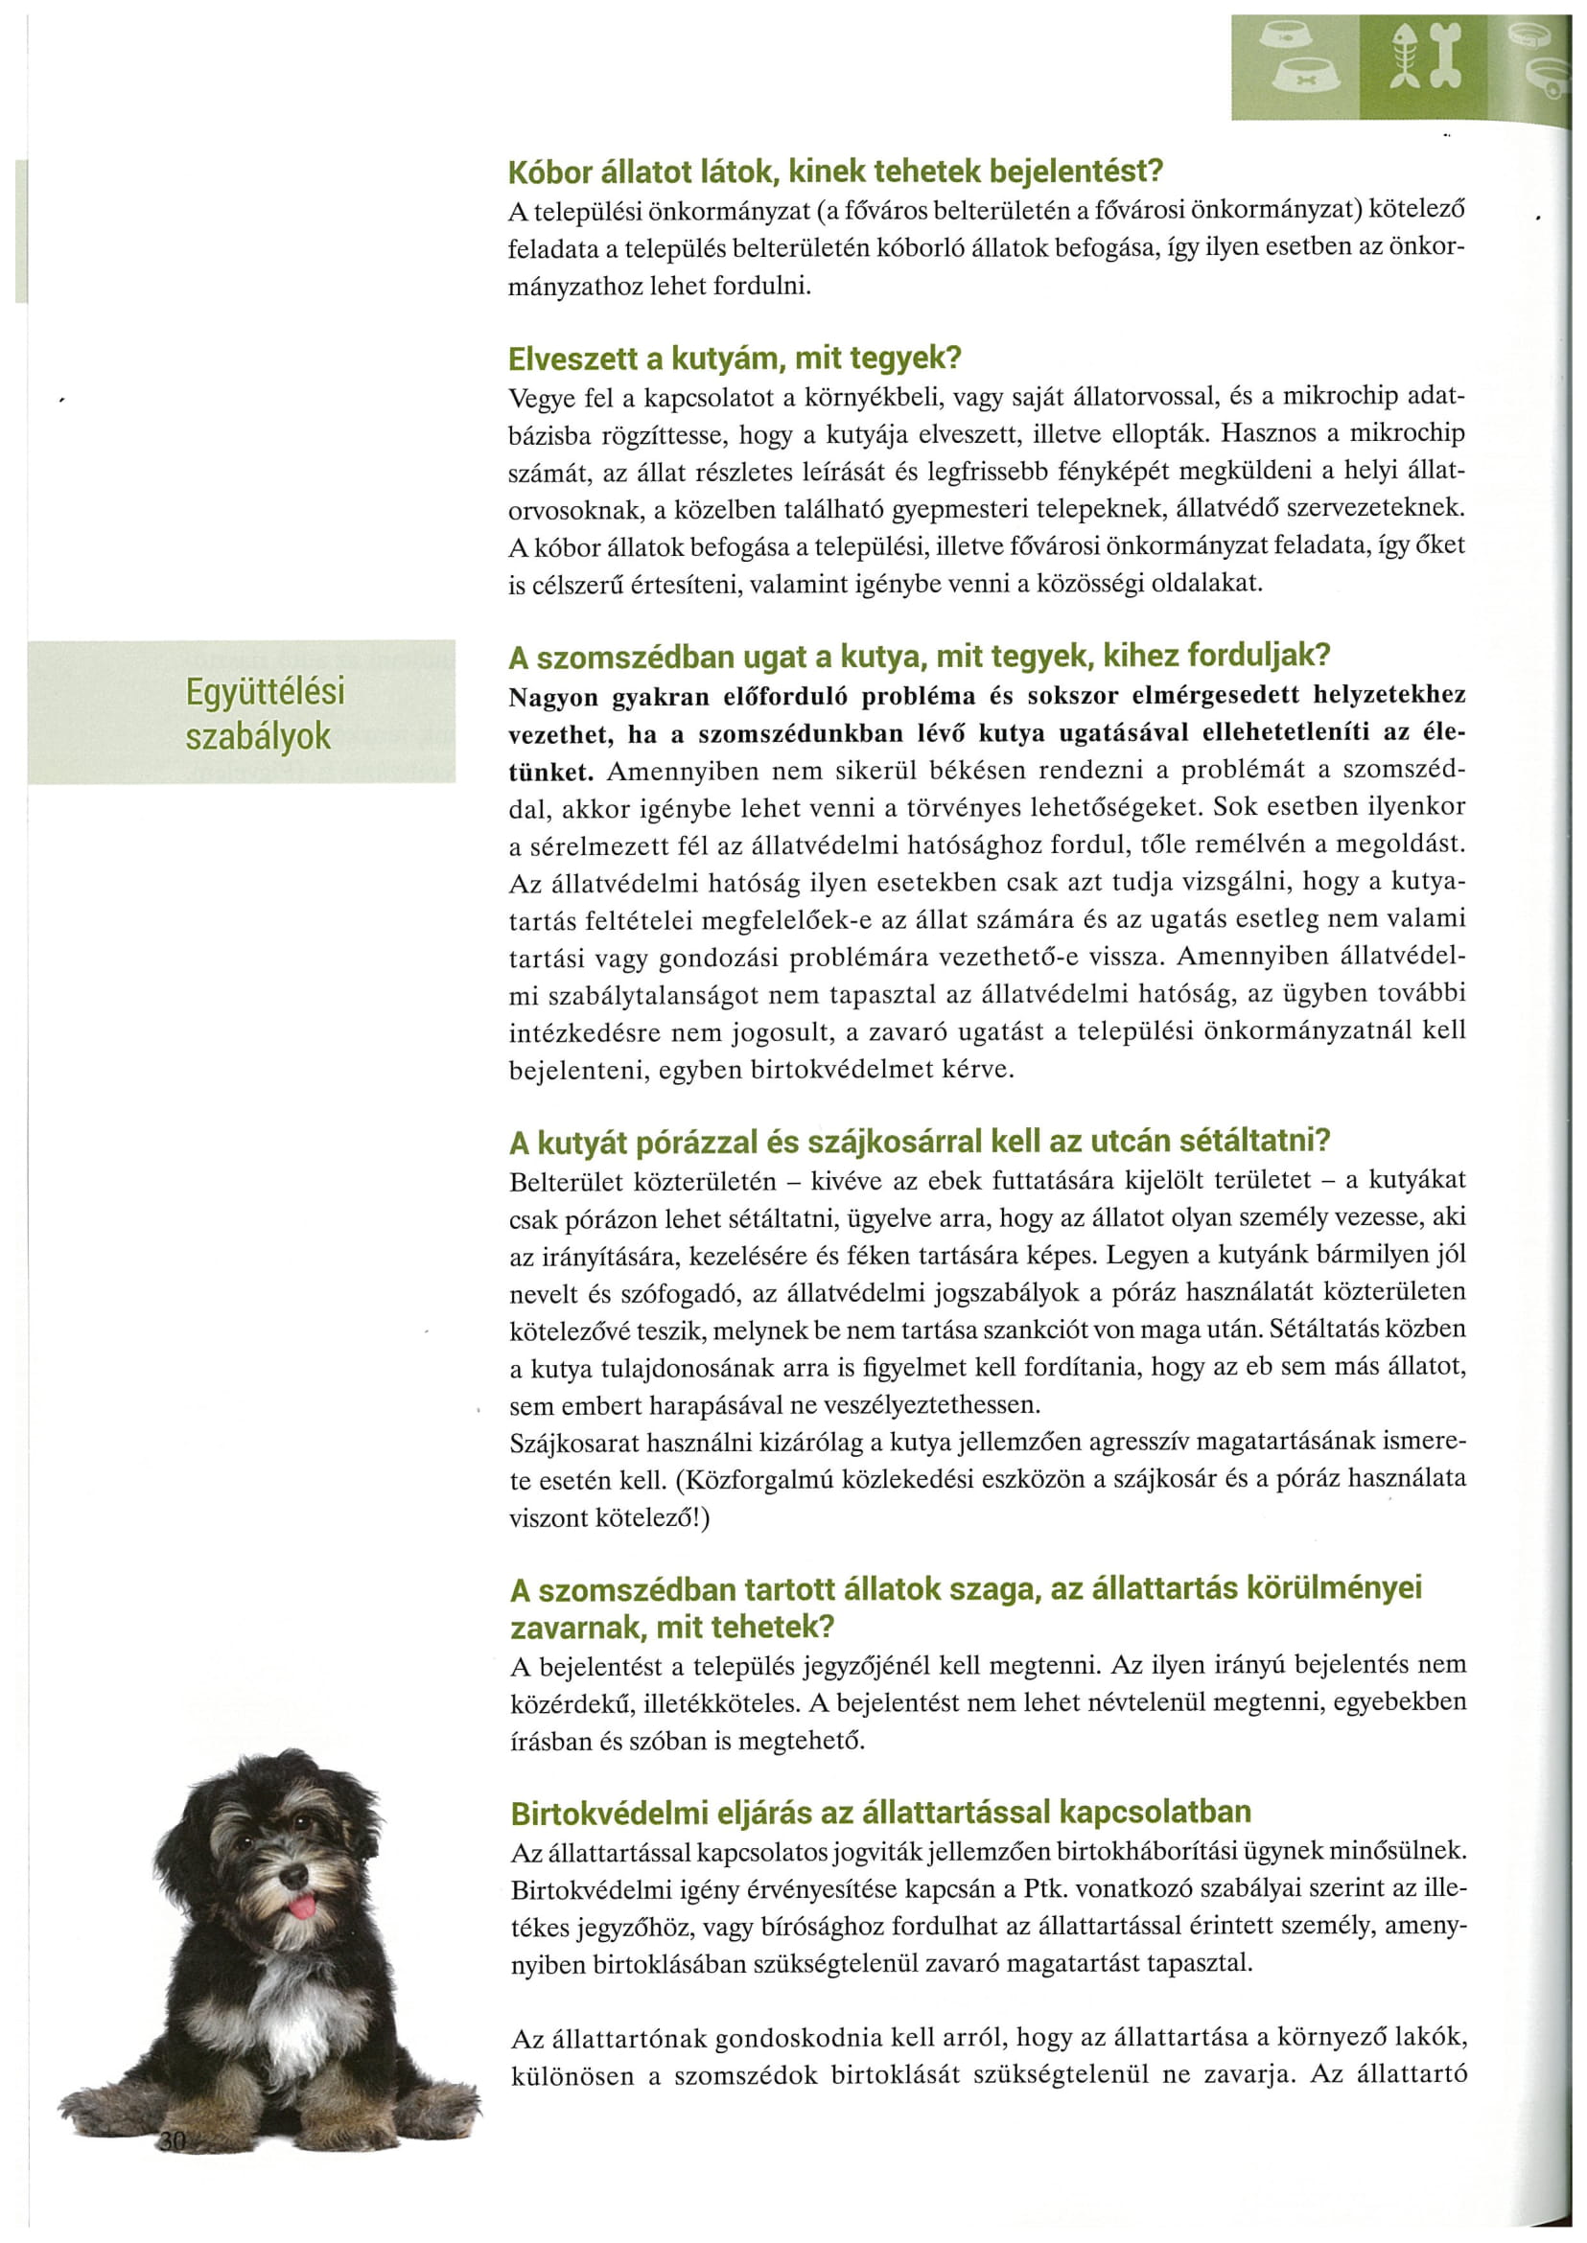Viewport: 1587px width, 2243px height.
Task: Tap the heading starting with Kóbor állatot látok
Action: pos(835,172)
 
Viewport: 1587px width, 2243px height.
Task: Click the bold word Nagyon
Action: pos(554,697)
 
